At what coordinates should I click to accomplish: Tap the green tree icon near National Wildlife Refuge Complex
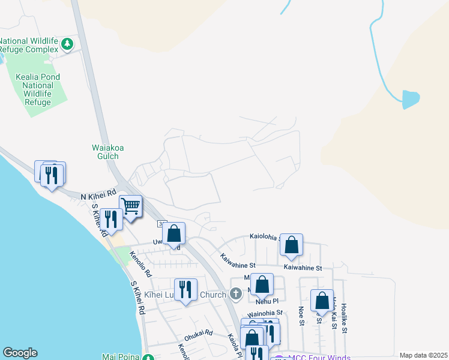pos(68,43)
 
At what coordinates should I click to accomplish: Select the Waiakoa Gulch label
pos(97,152)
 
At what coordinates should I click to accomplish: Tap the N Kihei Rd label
pos(98,195)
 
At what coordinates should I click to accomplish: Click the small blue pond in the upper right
pos(411,99)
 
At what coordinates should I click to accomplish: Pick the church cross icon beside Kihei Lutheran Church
pos(236,294)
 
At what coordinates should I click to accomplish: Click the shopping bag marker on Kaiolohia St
pos(291,245)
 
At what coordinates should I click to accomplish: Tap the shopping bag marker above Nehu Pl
pos(262,284)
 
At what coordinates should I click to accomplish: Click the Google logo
pos(20,353)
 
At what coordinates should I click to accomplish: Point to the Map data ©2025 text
pos(423,355)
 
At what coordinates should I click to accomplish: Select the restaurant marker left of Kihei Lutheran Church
pos(185,290)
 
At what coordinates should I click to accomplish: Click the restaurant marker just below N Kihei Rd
pos(112,219)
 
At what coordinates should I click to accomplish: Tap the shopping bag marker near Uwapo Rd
pos(173,234)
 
